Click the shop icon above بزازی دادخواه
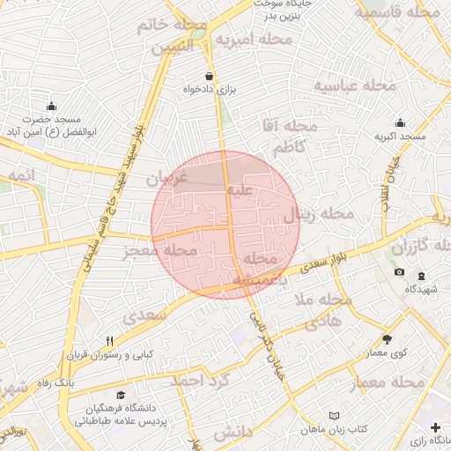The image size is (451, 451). coord(209,76)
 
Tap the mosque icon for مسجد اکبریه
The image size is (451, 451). coord(400,122)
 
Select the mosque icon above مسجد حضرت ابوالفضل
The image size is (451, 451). coord(51,105)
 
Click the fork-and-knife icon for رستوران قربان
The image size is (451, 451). coord(110,341)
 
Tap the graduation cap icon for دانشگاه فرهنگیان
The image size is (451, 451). coord(121,395)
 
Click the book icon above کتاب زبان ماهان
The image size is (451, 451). coord(333,415)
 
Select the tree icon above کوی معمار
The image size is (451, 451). coord(387,339)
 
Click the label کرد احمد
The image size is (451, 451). coord(199,381)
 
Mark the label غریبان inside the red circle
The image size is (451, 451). coord(167,178)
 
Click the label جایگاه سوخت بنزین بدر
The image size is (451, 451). coord(284,9)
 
